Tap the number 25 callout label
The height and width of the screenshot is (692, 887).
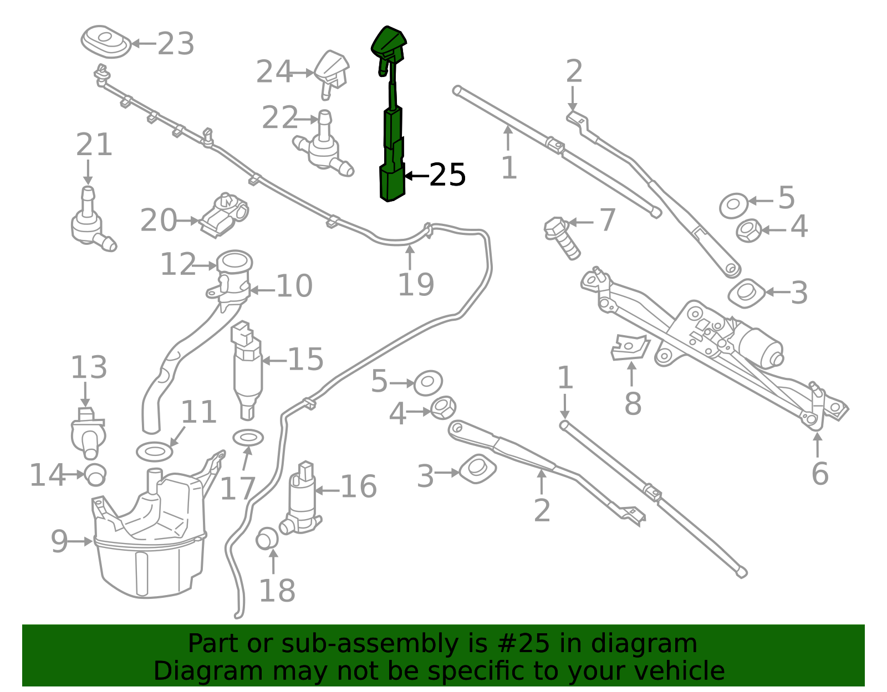point(447,175)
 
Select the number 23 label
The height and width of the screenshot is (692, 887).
point(176,44)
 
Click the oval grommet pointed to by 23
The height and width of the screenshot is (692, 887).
point(106,42)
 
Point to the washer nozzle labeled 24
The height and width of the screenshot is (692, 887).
point(332,73)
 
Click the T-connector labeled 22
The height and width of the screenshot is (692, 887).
point(323,143)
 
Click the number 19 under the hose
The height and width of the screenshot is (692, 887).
point(416,284)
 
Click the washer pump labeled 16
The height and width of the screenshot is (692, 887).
point(301,498)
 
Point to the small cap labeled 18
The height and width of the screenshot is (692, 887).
point(267,539)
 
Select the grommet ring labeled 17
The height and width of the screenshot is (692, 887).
point(248,438)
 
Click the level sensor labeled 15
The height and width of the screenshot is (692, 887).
point(247,370)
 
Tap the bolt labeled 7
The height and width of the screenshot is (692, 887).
point(562,239)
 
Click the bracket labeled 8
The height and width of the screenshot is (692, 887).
point(630,347)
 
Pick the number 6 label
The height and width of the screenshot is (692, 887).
point(820,474)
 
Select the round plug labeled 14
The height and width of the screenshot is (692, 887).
point(95,475)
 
